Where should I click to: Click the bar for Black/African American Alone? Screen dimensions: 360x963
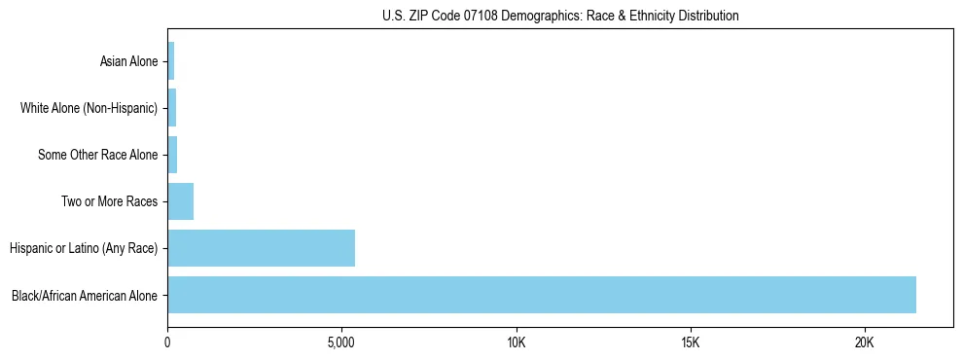542,295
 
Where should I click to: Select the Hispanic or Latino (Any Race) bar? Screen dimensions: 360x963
261,248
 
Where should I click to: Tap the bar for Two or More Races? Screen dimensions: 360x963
181,201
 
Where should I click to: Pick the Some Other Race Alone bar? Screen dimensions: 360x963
172,155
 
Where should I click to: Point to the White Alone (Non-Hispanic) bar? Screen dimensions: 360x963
172,108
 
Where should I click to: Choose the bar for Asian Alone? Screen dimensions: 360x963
171,61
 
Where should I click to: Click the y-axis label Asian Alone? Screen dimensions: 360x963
128,61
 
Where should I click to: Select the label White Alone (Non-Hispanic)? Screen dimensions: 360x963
89,108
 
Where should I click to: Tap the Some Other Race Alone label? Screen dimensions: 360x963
97,155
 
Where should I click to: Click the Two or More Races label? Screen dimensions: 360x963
109,201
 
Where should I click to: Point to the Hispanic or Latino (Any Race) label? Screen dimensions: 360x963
84,248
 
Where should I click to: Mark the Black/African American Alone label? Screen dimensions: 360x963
85,295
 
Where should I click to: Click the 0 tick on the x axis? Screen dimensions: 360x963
167,342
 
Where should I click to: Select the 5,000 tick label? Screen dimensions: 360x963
341,342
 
